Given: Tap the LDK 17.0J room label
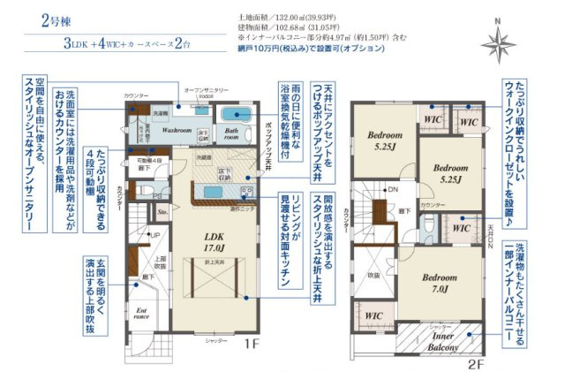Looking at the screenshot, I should coord(214,243).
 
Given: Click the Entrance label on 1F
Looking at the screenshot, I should coord(139,314).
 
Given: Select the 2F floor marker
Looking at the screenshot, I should coord(476,362).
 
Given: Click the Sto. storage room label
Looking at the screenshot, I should coord(162,213).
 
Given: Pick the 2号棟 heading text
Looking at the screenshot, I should coord(56,21).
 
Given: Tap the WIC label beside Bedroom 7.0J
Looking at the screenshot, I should coord(373,314).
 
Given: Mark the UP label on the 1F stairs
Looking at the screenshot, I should coord(156,235).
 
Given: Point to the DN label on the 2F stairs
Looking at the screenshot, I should coord(392,190).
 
